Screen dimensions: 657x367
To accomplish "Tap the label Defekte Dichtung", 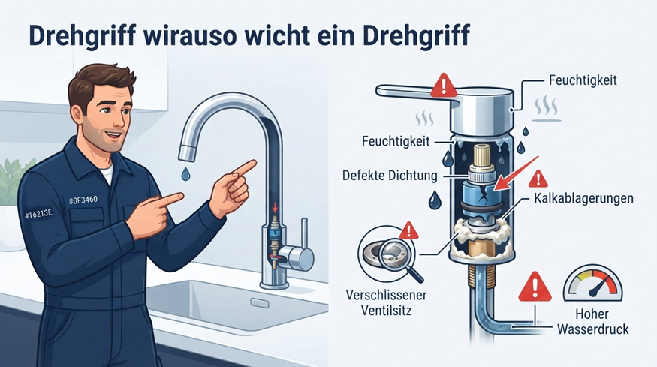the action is click(x=390, y=175).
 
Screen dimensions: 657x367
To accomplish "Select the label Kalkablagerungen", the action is click(x=583, y=198).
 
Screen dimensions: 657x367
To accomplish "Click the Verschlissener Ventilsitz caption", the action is click(x=386, y=302).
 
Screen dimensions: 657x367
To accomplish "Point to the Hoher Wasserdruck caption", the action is click(x=592, y=321).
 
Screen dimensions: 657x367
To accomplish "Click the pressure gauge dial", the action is click(x=593, y=283).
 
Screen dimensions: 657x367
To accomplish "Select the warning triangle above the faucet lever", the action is click(x=444, y=85).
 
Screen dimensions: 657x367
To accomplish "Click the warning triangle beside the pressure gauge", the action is click(x=535, y=287).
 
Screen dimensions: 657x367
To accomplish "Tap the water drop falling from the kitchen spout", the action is click(x=185, y=174).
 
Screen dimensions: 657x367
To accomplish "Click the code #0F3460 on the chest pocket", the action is click(x=83, y=200).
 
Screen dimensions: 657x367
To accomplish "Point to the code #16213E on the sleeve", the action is click(x=38, y=215).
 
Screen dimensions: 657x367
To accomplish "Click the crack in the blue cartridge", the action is click(x=486, y=192).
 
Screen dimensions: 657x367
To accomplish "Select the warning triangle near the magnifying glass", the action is click(x=409, y=231).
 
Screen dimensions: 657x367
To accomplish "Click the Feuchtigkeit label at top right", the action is click(x=583, y=80).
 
